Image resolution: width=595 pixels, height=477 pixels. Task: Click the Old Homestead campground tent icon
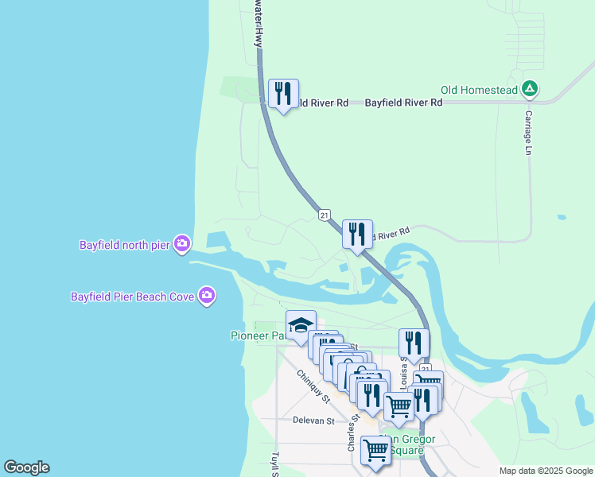[x=530, y=90]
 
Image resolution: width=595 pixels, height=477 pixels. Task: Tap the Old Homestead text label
[x=480, y=90]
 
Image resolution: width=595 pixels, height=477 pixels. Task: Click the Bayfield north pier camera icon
[x=182, y=243]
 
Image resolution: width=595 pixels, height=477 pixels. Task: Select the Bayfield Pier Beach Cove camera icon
[x=208, y=296]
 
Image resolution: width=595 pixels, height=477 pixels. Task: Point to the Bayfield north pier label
[x=125, y=244]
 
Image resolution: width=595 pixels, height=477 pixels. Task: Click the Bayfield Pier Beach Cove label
[x=133, y=297]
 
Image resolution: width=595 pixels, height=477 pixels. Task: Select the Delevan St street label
[x=313, y=420]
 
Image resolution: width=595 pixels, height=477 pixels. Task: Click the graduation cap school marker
[x=301, y=325]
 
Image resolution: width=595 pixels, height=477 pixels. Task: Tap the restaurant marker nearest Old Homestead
[x=284, y=95]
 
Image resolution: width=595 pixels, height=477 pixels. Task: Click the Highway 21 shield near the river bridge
[x=324, y=215]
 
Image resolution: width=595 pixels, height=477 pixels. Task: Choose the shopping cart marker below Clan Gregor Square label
[x=375, y=449]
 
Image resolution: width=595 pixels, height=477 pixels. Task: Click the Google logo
[x=26, y=467]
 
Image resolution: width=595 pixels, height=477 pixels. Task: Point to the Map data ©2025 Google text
[x=545, y=471]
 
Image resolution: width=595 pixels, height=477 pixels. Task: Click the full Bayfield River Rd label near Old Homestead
[x=403, y=103]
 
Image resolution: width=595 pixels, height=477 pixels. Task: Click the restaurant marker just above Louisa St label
[x=414, y=343]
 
